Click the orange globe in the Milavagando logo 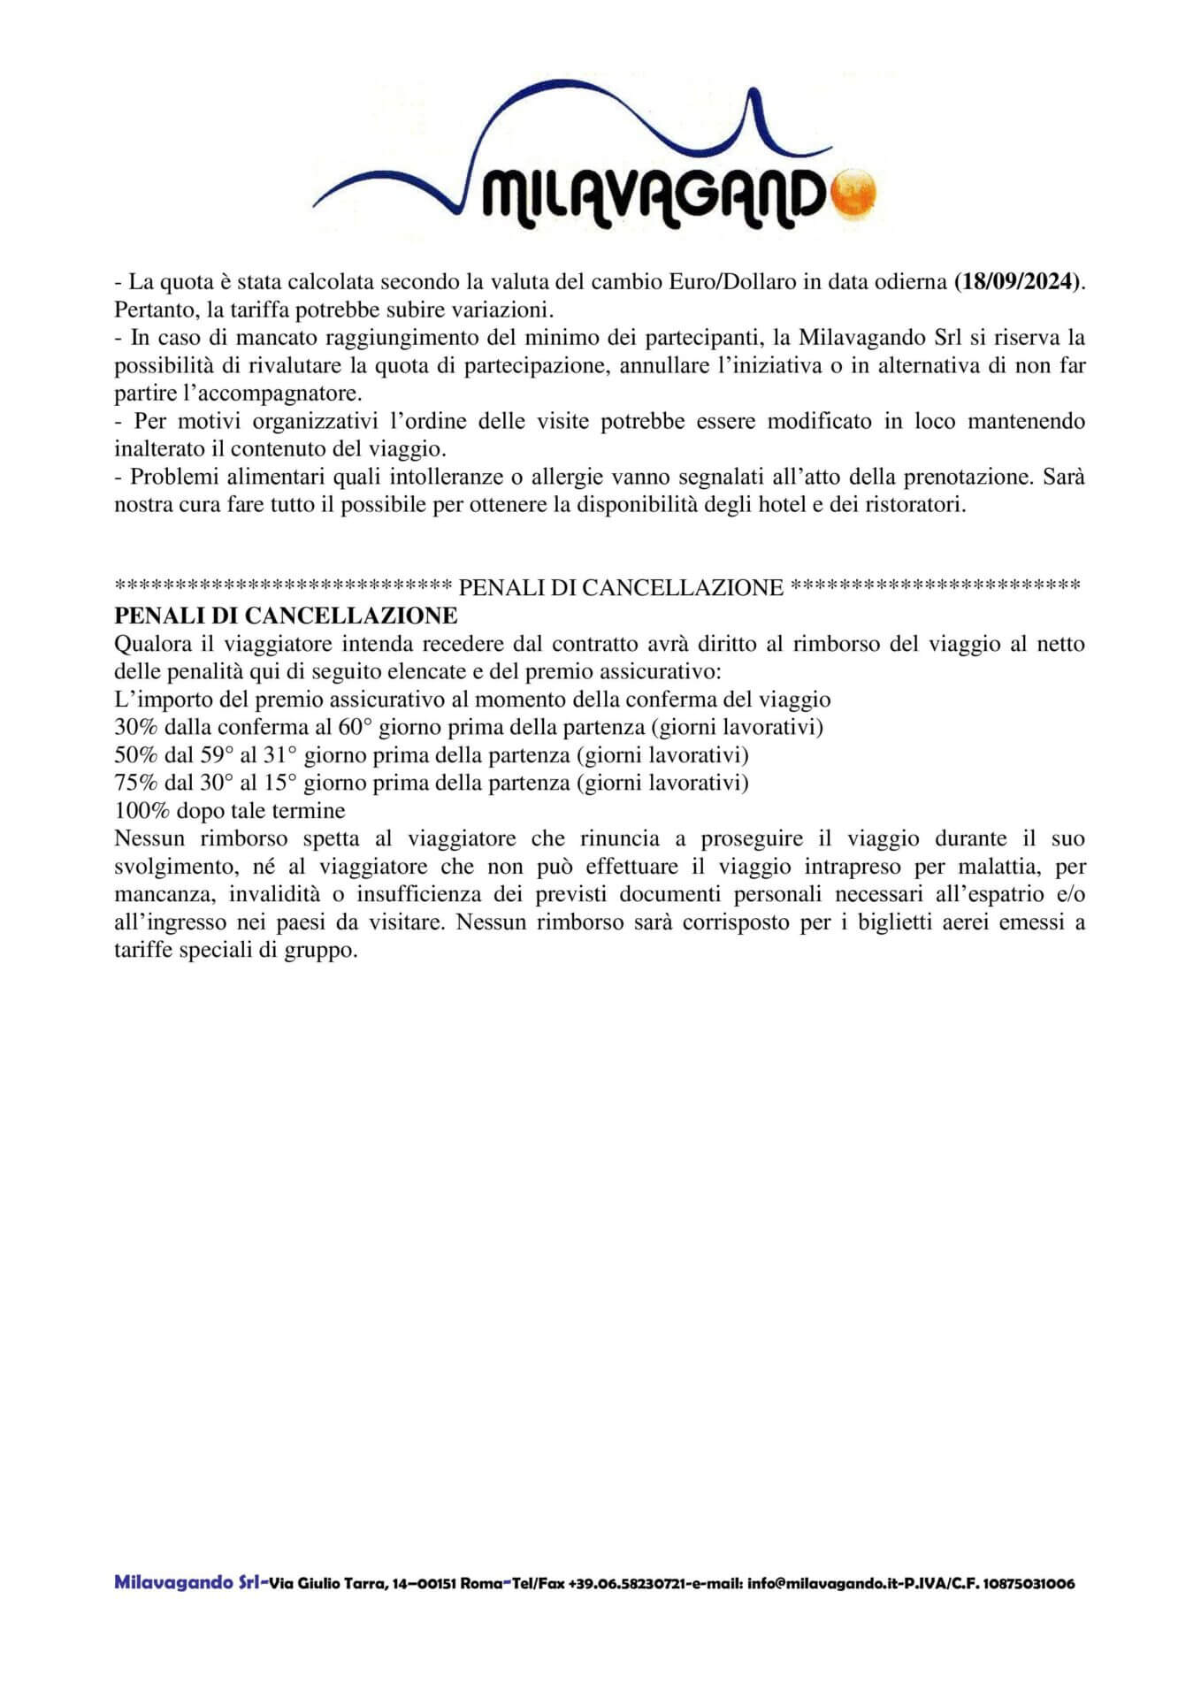click(853, 192)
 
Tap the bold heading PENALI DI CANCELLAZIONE click(286, 616)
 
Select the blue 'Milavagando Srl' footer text click(186, 1582)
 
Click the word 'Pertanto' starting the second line click(152, 310)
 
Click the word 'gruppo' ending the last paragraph click(320, 951)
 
